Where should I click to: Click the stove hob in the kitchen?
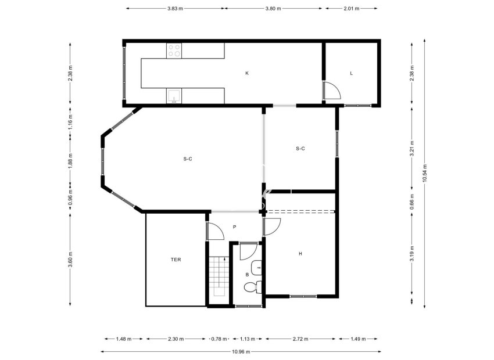174,51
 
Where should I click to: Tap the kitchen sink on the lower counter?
174,96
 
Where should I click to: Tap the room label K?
246,73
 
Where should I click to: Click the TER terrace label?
176,260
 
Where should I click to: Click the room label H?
300,254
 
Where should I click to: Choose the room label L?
352,73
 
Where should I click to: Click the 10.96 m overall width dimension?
241,351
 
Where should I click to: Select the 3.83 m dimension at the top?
175,9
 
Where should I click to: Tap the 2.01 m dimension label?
351,9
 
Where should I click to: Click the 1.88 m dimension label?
70,159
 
